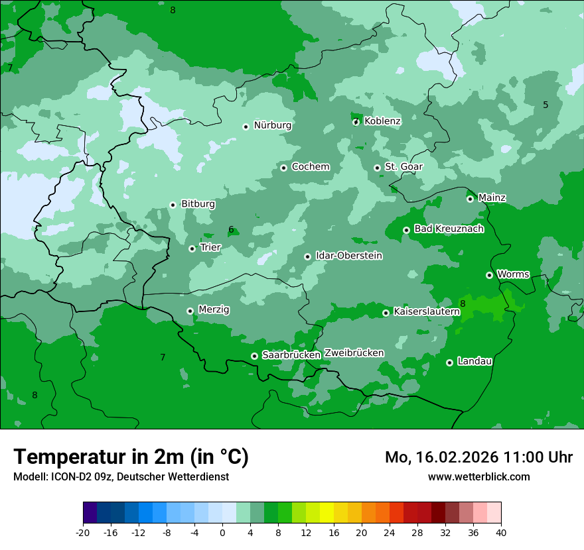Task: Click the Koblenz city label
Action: click(382, 121)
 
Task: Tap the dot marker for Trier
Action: click(192, 248)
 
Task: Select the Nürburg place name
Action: click(273, 125)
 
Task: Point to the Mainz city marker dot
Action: click(470, 199)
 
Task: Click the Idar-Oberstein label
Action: click(349, 256)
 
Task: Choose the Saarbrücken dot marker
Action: click(254, 356)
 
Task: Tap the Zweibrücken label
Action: click(354, 353)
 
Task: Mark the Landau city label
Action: click(475, 361)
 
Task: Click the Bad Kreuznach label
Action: click(449, 229)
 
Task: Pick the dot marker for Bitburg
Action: click(173, 205)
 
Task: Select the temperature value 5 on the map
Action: click(546, 105)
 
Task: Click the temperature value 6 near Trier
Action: click(231, 230)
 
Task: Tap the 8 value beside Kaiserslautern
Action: click(463, 303)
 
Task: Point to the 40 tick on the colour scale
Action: click(501, 533)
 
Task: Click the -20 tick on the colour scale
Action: click(83, 533)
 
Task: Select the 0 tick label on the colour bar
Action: click(222, 533)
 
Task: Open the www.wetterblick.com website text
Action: click(478, 476)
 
